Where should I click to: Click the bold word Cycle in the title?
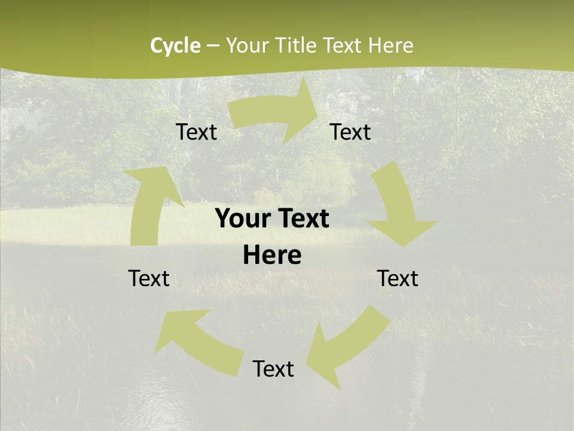[x=175, y=45]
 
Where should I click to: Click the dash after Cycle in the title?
[x=213, y=45]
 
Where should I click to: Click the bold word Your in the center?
[x=242, y=218]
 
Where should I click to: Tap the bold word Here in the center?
[x=272, y=256]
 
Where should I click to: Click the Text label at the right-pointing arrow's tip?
[x=350, y=132]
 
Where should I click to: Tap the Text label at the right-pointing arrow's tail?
[x=196, y=132]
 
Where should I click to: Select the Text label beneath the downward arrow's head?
[x=398, y=278]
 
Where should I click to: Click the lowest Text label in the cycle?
[x=273, y=369]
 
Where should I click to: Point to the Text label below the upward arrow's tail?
[x=149, y=278]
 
